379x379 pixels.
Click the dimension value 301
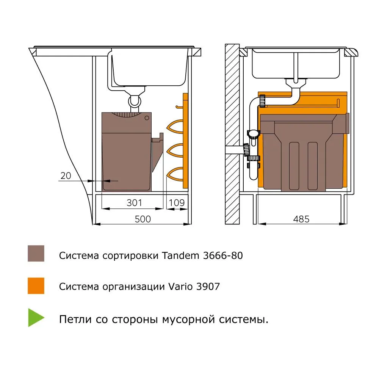[x=134, y=203]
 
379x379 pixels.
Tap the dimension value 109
[x=177, y=203]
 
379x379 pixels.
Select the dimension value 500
[x=143, y=219]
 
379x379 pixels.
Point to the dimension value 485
[x=301, y=219]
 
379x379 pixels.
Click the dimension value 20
[x=66, y=175]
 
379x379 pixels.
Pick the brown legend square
[x=36, y=253]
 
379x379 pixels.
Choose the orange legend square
[x=36, y=286]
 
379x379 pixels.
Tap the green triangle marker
[x=35, y=318]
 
